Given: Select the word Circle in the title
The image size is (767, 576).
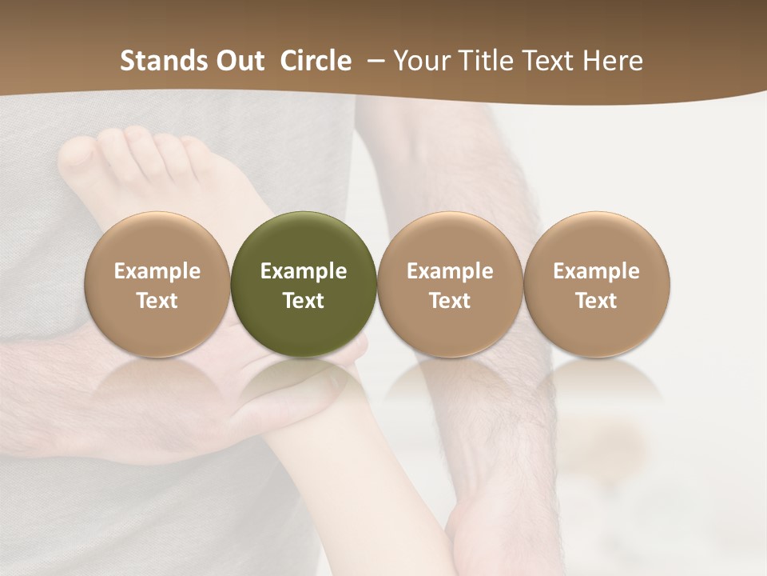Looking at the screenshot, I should [x=315, y=61].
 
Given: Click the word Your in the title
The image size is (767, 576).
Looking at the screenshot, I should [x=420, y=61].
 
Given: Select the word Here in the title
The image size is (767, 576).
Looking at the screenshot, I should [x=612, y=61].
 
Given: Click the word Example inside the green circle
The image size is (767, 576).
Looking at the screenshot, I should [x=304, y=271].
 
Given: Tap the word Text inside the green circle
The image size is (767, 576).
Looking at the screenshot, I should [x=304, y=301].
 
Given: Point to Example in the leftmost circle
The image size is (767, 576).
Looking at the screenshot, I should [x=157, y=271].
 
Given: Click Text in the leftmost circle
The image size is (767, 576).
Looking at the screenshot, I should [x=157, y=301].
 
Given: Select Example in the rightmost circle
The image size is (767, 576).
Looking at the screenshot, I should [x=597, y=271].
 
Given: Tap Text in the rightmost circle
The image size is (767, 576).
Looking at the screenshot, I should [x=597, y=301].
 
